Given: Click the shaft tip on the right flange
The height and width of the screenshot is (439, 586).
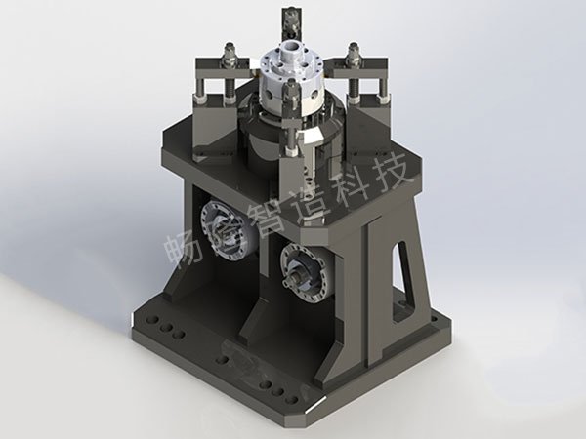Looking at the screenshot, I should click(x=290, y=281).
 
